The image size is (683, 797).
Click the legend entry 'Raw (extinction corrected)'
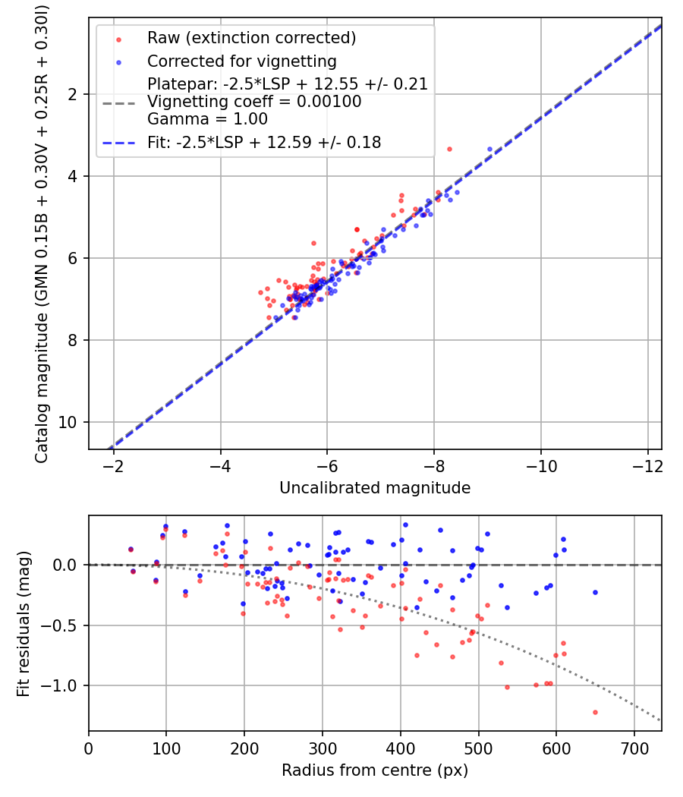[251, 38]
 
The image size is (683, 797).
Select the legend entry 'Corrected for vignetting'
[242, 61]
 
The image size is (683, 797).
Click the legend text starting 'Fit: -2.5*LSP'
[264, 142]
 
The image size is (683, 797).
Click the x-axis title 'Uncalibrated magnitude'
[375, 487]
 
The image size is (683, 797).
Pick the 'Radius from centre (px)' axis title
[375, 770]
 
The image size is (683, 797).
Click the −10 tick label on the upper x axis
[540, 464]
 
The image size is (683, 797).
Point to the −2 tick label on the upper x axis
[113, 464]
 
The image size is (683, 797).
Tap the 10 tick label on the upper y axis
[73, 422]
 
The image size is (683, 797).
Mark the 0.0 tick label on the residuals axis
[69, 565]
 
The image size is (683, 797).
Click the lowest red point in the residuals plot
[595, 712]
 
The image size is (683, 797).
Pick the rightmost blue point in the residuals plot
[595, 592]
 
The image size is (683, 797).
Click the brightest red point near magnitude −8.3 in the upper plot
[449, 149]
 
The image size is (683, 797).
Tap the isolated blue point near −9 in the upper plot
[489, 150]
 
